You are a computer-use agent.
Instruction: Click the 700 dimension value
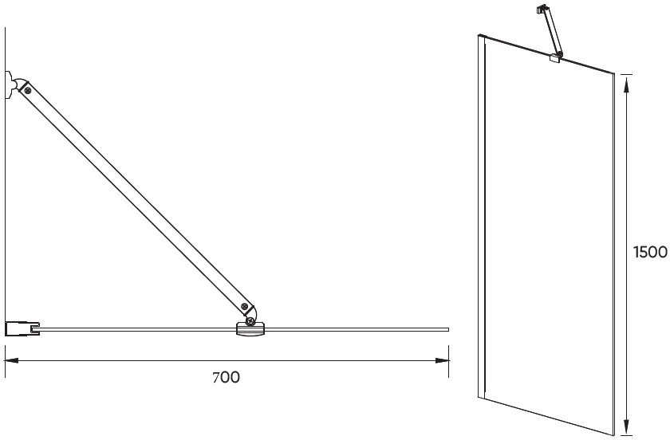tap(227, 377)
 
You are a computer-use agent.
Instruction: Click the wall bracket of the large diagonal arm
tap(10, 84)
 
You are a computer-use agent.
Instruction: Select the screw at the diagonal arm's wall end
tap(28, 91)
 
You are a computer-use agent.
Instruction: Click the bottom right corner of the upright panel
tap(614, 436)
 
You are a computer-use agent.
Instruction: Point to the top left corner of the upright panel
tap(478, 35)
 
